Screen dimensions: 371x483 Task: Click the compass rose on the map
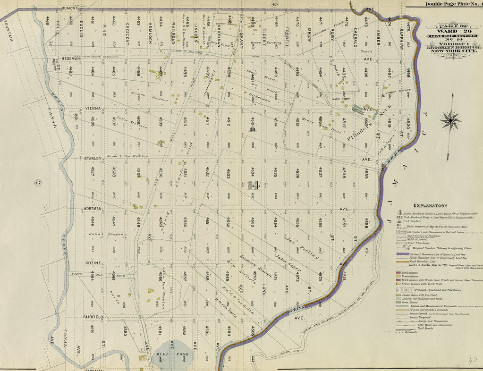[450, 120]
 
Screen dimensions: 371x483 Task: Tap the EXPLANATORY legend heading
[430, 206]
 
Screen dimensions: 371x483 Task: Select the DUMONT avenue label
[69, 8]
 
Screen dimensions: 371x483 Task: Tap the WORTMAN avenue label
[93, 208]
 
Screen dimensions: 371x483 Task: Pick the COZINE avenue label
[93, 262]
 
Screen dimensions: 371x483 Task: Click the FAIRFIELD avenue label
[93, 316]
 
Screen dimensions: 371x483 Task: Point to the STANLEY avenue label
[93, 159]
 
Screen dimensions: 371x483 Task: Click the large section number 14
[253, 185]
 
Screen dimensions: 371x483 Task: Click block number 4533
[228, 174]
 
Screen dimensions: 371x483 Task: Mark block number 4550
[186, 222]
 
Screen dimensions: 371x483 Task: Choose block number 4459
[48, 21]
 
